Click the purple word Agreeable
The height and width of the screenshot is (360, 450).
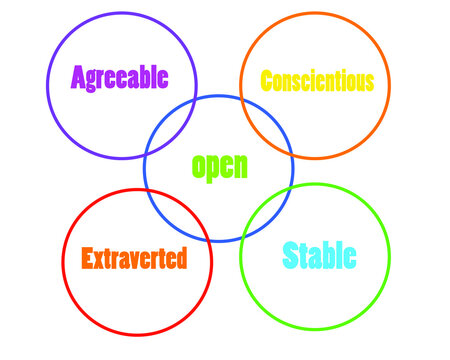click(x=120, y=77)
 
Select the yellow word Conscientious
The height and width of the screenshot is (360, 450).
click(x=317, y=81)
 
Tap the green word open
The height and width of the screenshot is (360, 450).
click(x=219, y=165)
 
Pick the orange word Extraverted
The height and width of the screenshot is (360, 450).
click(x=134, y=258)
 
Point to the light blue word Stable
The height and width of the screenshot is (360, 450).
click(x=319, y=255)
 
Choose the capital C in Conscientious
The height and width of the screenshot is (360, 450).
click(x=266, y=81)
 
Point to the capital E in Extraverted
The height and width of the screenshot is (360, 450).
click(x=87, y=258)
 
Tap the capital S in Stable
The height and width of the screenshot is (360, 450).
click(x=291, y=255)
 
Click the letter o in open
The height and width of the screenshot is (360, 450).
click(x=198, y=166)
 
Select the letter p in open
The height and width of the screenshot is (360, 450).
click(x=212, y=168)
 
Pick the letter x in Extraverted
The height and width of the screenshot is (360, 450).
click(x=98, y=259)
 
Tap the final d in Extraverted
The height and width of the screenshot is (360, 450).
click(x=180, y=258)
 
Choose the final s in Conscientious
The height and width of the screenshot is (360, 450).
click(x=370, y=82)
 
